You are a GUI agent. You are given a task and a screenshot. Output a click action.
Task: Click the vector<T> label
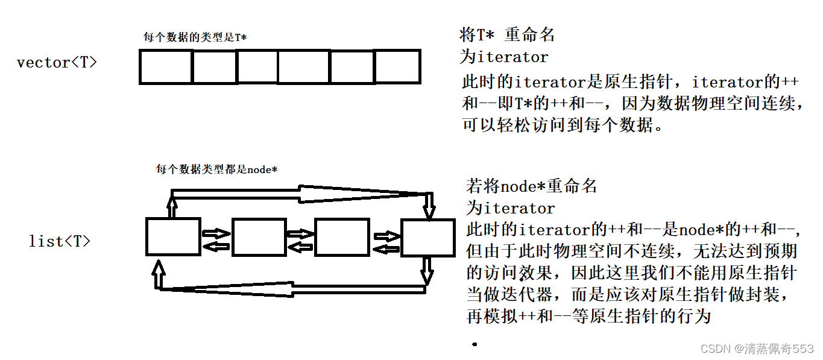[x=57, y=62]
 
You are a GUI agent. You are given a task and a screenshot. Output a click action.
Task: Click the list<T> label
[x=60, y=241]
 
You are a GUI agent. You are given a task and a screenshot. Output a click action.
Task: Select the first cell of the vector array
[x=166, y=66]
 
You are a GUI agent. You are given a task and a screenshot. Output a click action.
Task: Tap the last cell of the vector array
[x=397, y=66]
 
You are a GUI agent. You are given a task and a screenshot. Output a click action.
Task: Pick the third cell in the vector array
[x=257, y=66]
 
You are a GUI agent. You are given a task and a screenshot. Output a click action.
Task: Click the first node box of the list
[x=173, y=237]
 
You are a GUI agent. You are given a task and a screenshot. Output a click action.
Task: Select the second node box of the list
[x=259, y=237]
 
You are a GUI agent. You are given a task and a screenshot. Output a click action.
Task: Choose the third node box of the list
[x=342, y=237]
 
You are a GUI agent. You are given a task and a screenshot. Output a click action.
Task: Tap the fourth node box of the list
[x=428, y=238]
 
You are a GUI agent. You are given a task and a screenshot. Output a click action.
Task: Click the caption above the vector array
[x=195, y=37]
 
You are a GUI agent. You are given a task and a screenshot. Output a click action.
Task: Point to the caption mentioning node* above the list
[x=216, y=169]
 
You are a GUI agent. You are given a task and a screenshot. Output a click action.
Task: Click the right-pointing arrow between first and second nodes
[x=216, y=233]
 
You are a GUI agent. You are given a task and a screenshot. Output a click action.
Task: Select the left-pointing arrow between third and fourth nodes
[x=386, y=248]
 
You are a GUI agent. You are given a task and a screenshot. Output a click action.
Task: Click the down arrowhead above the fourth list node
[x=429, y=211]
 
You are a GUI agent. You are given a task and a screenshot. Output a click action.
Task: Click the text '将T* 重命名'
[x=507, y=35]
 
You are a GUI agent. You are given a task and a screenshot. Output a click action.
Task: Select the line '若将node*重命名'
[x=531, y=186]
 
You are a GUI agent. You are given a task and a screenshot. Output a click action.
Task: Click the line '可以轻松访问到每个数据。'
[x=563, y=126]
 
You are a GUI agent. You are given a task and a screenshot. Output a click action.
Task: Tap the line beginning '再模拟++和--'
[x=589, y=316]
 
